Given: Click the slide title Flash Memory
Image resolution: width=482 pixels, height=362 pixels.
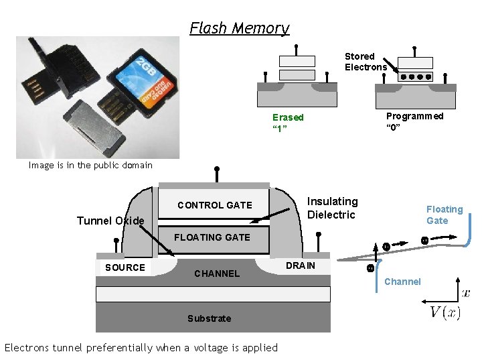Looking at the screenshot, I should pyautogui.click(x=240, y=28).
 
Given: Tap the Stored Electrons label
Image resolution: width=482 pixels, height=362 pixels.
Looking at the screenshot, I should pyautogui.click(x=366, y=62).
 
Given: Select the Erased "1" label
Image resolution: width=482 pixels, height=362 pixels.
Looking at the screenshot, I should pyautogui.click(x=288, y=123).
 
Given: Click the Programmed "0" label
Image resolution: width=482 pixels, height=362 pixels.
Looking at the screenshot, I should pyautogui.click(x=414, y=121).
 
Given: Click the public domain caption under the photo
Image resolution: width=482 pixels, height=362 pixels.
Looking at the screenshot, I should pyautogui.click(x=90, y=166).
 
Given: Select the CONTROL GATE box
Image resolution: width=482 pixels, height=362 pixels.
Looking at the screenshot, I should pyautogui.click(x=214, y=205).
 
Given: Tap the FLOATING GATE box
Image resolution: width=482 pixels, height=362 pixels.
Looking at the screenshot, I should pyautogui.click(x=212, y=237).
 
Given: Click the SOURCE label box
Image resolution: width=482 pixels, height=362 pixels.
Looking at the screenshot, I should pyautogui.click(x=125, y=267).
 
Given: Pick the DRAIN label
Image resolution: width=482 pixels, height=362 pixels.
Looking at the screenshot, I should pyautogui.click(x=300, y=265).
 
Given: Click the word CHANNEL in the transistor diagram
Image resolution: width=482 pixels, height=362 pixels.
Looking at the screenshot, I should pyautogui.click(x=216, y=274).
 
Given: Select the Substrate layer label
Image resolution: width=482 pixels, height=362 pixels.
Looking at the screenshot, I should pyautogui.click(x=209, y=318).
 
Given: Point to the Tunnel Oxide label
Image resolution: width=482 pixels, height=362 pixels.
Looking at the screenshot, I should pyautogui.click(x=110, y=221).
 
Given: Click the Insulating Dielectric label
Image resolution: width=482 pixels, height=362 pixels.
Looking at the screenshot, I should pyautogui.click(x=332, y=208).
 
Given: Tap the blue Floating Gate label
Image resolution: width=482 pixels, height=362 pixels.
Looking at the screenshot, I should pyautogui.click(x=445, y=215).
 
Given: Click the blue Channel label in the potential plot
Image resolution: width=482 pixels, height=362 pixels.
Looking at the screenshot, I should pyautogui.click(x=402, y=282).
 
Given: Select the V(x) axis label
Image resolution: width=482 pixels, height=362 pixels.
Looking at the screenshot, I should pyautogui.click(x=445, y=312).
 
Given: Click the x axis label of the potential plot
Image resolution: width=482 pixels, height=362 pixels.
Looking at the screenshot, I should pyautogui.click(x=466, y=292).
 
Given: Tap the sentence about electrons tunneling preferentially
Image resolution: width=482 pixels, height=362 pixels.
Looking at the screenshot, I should pyautogui.click(x=141, y=347).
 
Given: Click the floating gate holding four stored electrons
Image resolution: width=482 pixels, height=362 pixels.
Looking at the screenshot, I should pyautogui.click(x=415, y=76).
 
